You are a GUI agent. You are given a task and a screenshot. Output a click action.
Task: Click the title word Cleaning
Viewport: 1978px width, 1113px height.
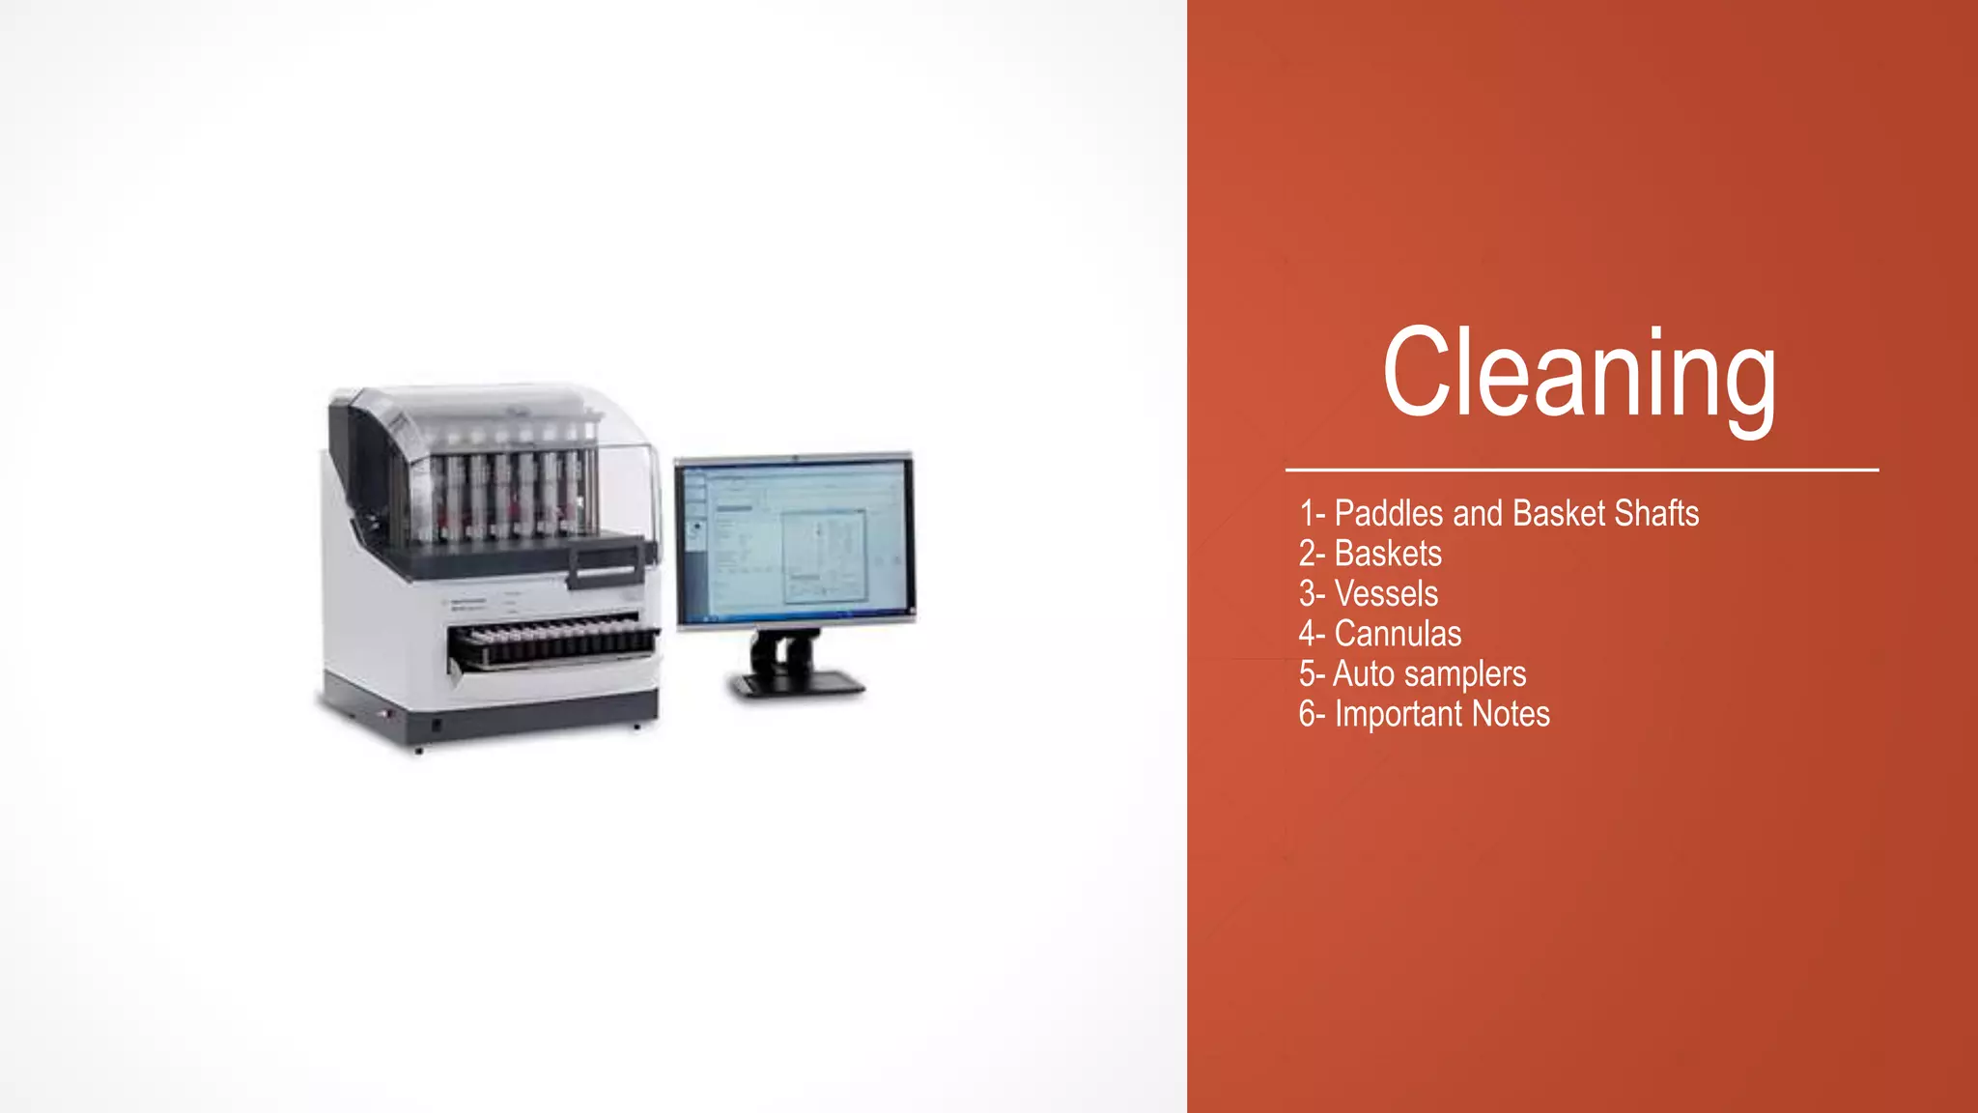(1579, 374)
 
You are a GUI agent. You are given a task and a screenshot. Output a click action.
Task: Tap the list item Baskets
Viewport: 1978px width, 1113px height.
(1387, 554)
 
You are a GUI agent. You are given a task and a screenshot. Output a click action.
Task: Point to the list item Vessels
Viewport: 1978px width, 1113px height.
(1385, 593)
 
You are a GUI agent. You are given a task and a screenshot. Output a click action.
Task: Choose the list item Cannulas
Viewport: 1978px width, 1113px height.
(1397, 634)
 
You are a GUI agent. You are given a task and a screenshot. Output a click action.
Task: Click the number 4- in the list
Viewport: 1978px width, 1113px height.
(1311, 634)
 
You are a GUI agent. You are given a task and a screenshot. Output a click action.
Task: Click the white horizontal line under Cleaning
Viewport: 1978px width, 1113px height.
(1581, 471)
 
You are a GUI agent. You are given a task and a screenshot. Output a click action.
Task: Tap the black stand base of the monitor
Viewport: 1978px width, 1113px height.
(797, 684)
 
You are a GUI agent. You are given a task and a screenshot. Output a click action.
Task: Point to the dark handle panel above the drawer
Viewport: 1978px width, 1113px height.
(606, 562)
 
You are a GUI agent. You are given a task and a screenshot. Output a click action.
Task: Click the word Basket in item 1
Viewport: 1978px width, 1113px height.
(1558, 513)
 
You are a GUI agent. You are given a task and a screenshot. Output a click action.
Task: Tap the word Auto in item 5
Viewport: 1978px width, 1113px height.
(1363, 674)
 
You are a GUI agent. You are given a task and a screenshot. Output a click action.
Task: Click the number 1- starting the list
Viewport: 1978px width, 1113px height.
(1311, 513)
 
